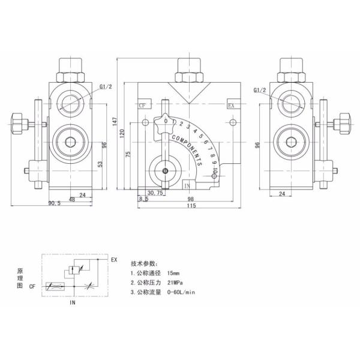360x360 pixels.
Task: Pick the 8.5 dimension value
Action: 143,199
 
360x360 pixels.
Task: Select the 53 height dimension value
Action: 100,163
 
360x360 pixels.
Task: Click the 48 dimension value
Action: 71,199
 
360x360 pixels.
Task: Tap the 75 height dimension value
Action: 128,154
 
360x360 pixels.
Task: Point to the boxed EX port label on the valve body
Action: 230,105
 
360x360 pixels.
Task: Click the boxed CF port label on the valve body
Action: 142,105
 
